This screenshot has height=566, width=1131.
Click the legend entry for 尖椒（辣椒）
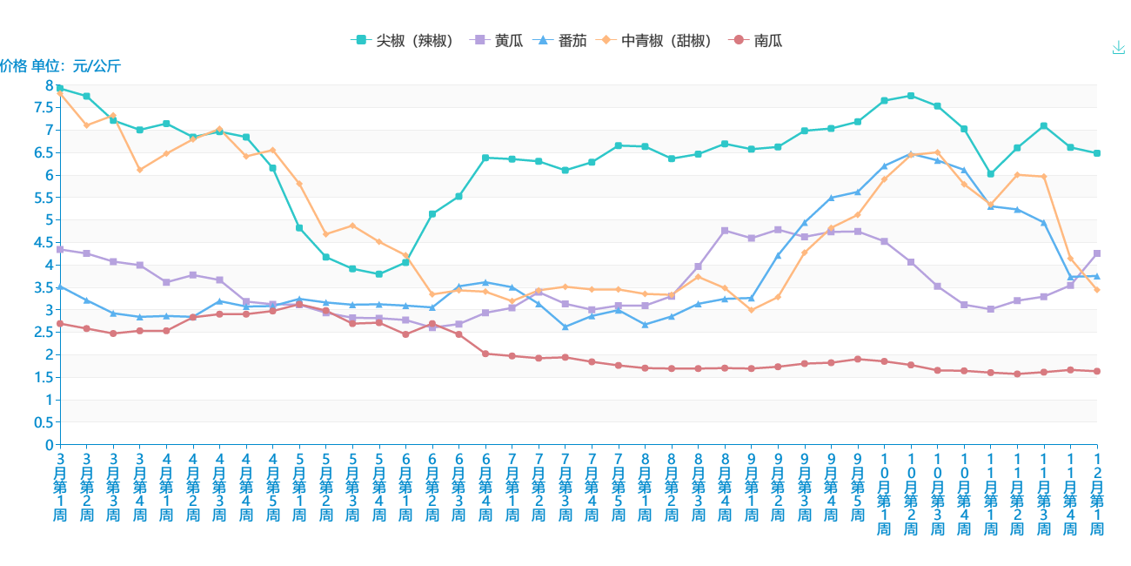coord(404,40)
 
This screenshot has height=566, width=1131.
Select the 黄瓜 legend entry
coord(498,40)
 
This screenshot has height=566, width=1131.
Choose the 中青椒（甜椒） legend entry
coord(657,40)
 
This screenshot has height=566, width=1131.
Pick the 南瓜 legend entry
coord(760,40)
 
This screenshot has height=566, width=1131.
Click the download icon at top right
coord(1119,48)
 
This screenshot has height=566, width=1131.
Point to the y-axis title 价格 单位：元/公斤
coord(60,65)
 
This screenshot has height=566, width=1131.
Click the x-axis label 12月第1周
coord(1097,492)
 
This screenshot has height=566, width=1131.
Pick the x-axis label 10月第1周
coord(884,492)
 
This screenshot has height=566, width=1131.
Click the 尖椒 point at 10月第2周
coord(911,96)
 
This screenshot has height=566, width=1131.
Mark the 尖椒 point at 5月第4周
coord(379,274)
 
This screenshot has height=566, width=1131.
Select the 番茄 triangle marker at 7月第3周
coord(565,327)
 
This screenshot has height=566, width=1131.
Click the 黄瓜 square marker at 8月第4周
coord(725,231)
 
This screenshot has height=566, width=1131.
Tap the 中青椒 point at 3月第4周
coord(140,170)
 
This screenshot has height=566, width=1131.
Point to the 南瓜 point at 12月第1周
coord(1097,372)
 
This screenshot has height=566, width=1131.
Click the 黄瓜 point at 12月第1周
coord(1097,253)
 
